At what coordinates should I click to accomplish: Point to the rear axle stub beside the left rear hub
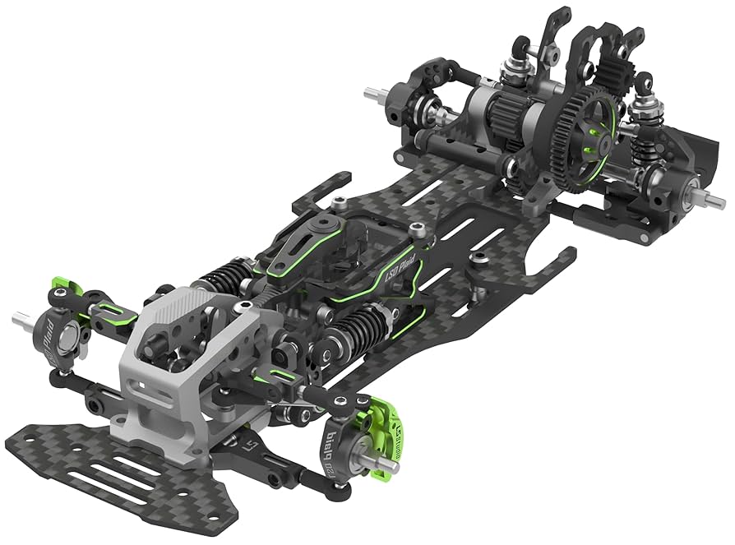click(x=375, y=93)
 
